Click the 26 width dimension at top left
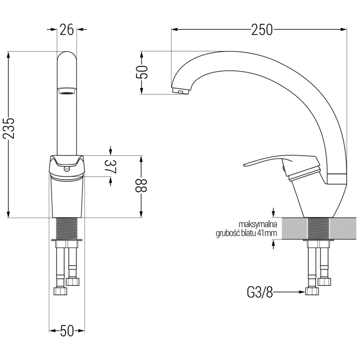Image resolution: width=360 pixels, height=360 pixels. coord(67,30)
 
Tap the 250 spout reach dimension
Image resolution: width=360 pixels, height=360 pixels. coord(262,30)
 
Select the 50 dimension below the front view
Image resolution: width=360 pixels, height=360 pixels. coord(67,331)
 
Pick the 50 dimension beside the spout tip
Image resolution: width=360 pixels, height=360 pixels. coord(142,72)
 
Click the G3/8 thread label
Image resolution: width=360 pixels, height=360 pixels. coord(260,292)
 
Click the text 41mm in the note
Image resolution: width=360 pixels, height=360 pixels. coord(269,233)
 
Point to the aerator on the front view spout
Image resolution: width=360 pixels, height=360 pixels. coord(67,91)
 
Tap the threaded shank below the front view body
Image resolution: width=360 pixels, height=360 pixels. coord(67,229)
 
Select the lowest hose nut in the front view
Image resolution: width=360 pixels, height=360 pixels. coord(60,291)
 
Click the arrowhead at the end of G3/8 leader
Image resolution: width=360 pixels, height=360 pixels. coord(302,292)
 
